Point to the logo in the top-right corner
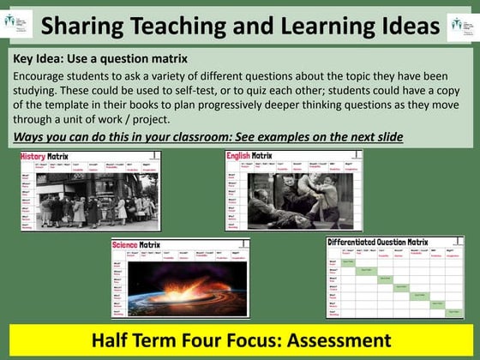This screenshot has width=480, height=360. pyautogui.click(x=460, y=25)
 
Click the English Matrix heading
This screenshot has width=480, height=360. pyautogui.click(x=249, y=157)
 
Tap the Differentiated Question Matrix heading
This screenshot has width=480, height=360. pyautogui.click(x=377, y=243)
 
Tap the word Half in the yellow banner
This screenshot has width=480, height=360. pyautogui.click(x=111, y=339)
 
